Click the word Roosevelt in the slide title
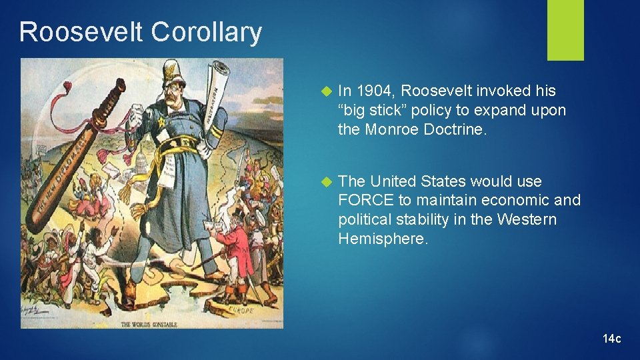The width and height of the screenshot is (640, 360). pos(81,32)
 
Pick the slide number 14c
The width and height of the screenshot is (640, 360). pos(611,339)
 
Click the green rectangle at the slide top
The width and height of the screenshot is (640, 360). pos(565,30)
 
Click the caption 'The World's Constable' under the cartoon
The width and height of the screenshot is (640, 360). pos(150,325)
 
